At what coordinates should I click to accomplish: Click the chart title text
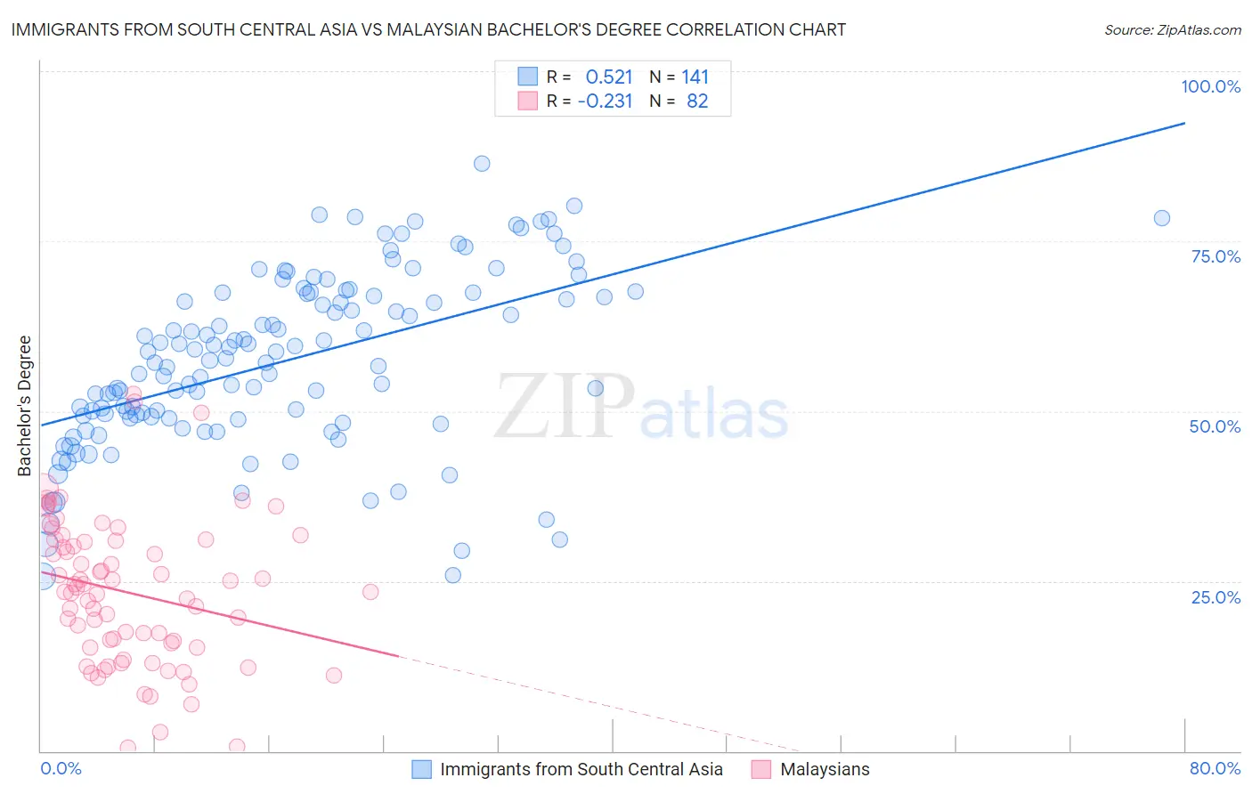coord(428,29)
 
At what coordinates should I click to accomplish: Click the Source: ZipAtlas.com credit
coord(1172,29)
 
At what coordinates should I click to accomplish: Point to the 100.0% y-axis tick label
coord(1210,86)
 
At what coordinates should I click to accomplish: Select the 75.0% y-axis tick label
coord(1215,256)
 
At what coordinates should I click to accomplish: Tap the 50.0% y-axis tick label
coord(1215,426)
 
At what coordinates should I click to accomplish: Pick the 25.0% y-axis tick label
coord(1215,596)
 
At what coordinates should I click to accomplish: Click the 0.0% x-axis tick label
coord(61,768)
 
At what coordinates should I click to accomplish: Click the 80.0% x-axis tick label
coord(1215,768)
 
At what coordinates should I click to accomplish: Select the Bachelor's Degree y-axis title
coord(24,405)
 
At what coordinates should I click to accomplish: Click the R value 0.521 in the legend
coord(609,77)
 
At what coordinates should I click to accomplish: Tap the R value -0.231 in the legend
coord(605,101)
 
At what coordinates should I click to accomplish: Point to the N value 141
coord(695,77)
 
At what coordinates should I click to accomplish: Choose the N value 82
coord(697,101)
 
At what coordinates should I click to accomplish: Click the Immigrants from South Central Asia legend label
coord(581,769)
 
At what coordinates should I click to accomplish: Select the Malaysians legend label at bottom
coord(825,769)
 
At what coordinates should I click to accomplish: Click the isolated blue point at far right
coord(1161,218)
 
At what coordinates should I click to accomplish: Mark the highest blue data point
coord(482,163)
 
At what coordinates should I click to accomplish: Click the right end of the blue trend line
coord(1184,123)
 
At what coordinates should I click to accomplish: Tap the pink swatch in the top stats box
coord(528,101)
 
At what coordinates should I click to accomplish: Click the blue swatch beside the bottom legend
coord(421,769)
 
